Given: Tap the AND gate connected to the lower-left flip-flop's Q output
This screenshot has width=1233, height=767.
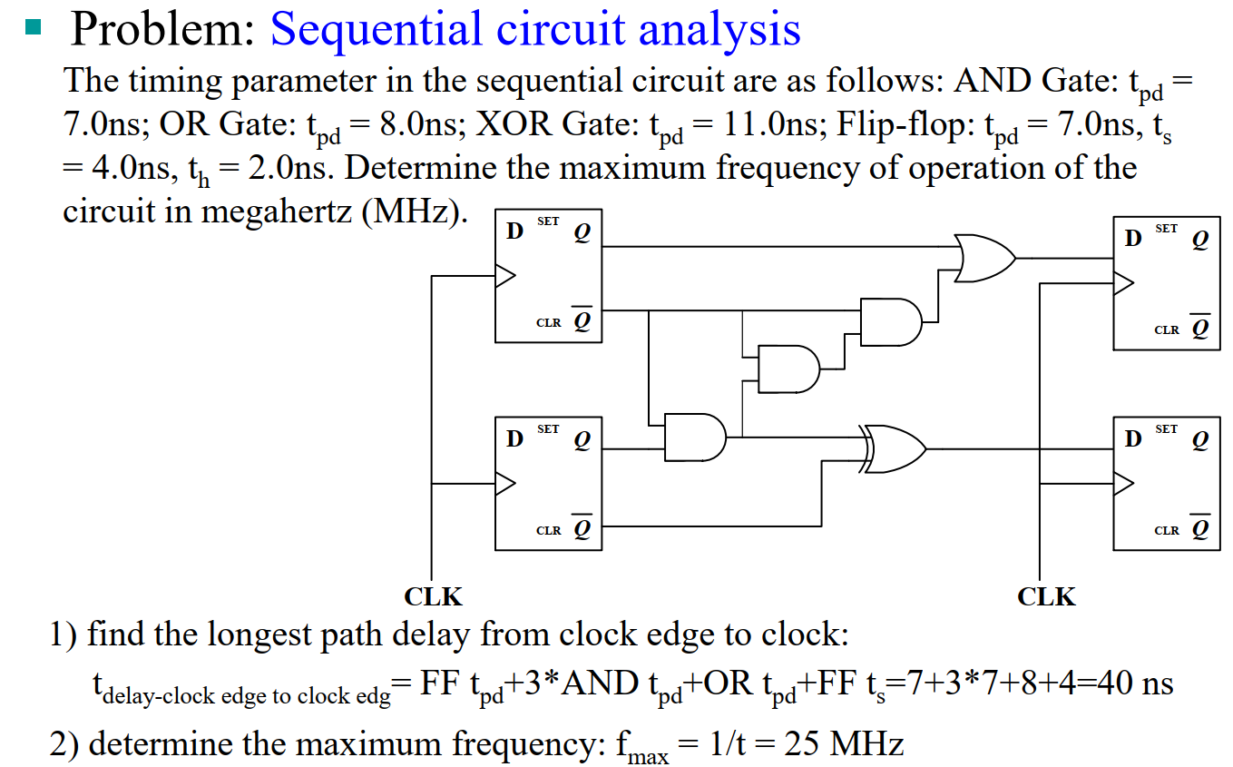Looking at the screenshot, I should point(695,438).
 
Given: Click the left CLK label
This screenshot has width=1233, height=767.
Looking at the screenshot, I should point(433,596).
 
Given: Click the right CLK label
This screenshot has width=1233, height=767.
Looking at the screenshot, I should point(1046,596).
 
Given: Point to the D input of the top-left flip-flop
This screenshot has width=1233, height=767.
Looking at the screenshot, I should point(514,231).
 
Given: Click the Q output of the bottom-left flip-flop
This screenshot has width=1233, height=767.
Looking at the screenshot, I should point(582,440).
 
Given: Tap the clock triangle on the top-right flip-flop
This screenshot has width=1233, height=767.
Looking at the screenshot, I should point(1123,283).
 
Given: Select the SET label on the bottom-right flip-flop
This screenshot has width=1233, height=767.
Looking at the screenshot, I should point(1167,428).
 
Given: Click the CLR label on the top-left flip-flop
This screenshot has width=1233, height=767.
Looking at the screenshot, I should point(549,322).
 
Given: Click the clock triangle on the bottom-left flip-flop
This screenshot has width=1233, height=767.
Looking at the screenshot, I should point(504,483).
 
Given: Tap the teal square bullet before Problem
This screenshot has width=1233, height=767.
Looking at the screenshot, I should point(34,26).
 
